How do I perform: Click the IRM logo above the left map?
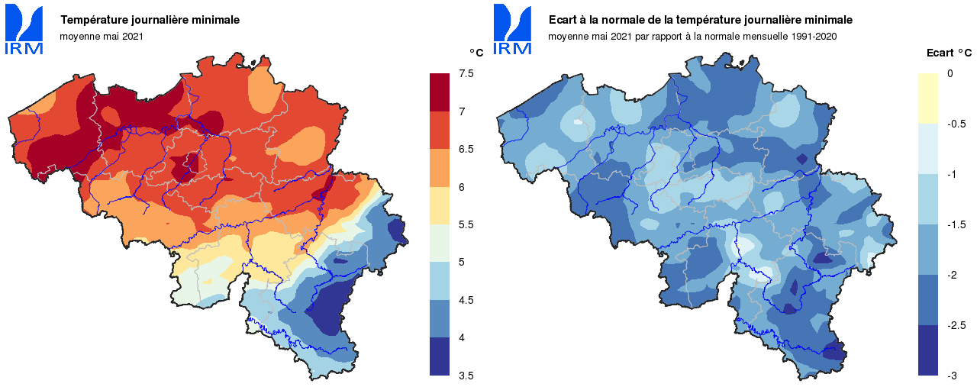click(24, 31)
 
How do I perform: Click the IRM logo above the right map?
click(513, 31)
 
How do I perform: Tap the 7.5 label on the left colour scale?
click(466, 73)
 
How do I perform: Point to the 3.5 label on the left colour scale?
click(466, 376)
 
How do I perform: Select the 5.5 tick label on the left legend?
click(466, 224)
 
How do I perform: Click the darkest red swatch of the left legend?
click(440, 92)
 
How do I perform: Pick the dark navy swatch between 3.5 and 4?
click(440, 356)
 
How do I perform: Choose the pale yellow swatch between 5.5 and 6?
click(440, 205)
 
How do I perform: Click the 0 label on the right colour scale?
click(950, 73)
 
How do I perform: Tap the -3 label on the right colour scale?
click(952, 376)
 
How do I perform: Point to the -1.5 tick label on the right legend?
click(954, 224)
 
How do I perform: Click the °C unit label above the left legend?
click(476, 53)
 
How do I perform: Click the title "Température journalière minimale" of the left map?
click(150, 20)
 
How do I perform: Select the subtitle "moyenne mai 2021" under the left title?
click(102, 36)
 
